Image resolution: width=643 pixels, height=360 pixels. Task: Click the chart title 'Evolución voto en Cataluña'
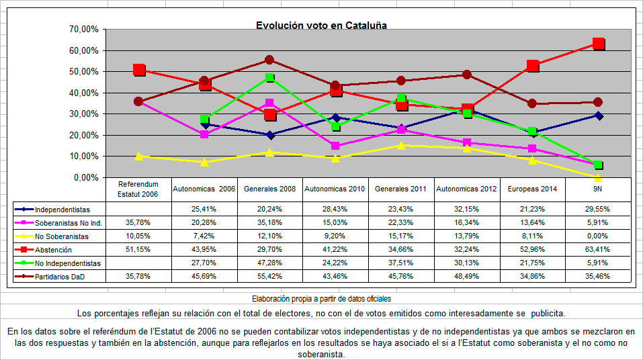pyautogui.click(x=321, y=26)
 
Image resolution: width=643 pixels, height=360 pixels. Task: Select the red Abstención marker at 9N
pyautogui.click(x=599, y=44)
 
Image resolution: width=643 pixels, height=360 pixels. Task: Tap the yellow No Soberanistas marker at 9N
pyautogui.click(x=598, y=177)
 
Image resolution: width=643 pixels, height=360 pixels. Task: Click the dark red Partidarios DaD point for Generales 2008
pyautogui.click(x=269, y=60)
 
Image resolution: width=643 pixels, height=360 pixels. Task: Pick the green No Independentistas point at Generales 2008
pyautogui.click(x=269, y=78)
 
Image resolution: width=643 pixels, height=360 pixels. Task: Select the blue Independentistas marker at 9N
pyautogui.click(x=598, y=116)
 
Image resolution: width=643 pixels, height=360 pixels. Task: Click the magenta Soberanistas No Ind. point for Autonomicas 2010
pyautogui.click(x=335, y=146)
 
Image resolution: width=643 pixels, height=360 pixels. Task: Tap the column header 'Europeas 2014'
pyautogui.click(x=533, y=189)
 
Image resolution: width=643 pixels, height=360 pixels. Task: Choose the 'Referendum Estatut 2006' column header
pyautogui.click(x=138, y=189)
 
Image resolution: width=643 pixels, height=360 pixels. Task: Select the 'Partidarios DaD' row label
pyautogui.click(x=61, y=275)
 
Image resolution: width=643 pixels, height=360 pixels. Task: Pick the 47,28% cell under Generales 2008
pyautogui.click(x=269, y=262)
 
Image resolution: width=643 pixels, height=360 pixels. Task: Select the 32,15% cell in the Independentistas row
pyautogui.click(x=467, y=209)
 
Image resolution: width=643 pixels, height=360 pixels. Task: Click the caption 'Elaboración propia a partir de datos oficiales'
pyautogui.click(x=321, y=298)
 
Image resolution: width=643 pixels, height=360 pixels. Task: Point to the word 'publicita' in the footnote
pyautogui.click(x=548, y=313)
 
